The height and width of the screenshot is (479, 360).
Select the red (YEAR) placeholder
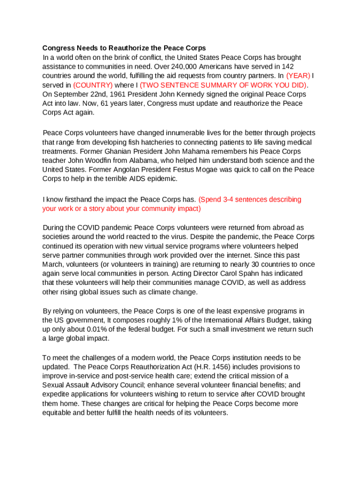(x=298, y=76)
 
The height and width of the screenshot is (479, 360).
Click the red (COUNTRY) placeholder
(x=93, y=85)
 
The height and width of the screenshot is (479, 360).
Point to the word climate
(x=151, y=292)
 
